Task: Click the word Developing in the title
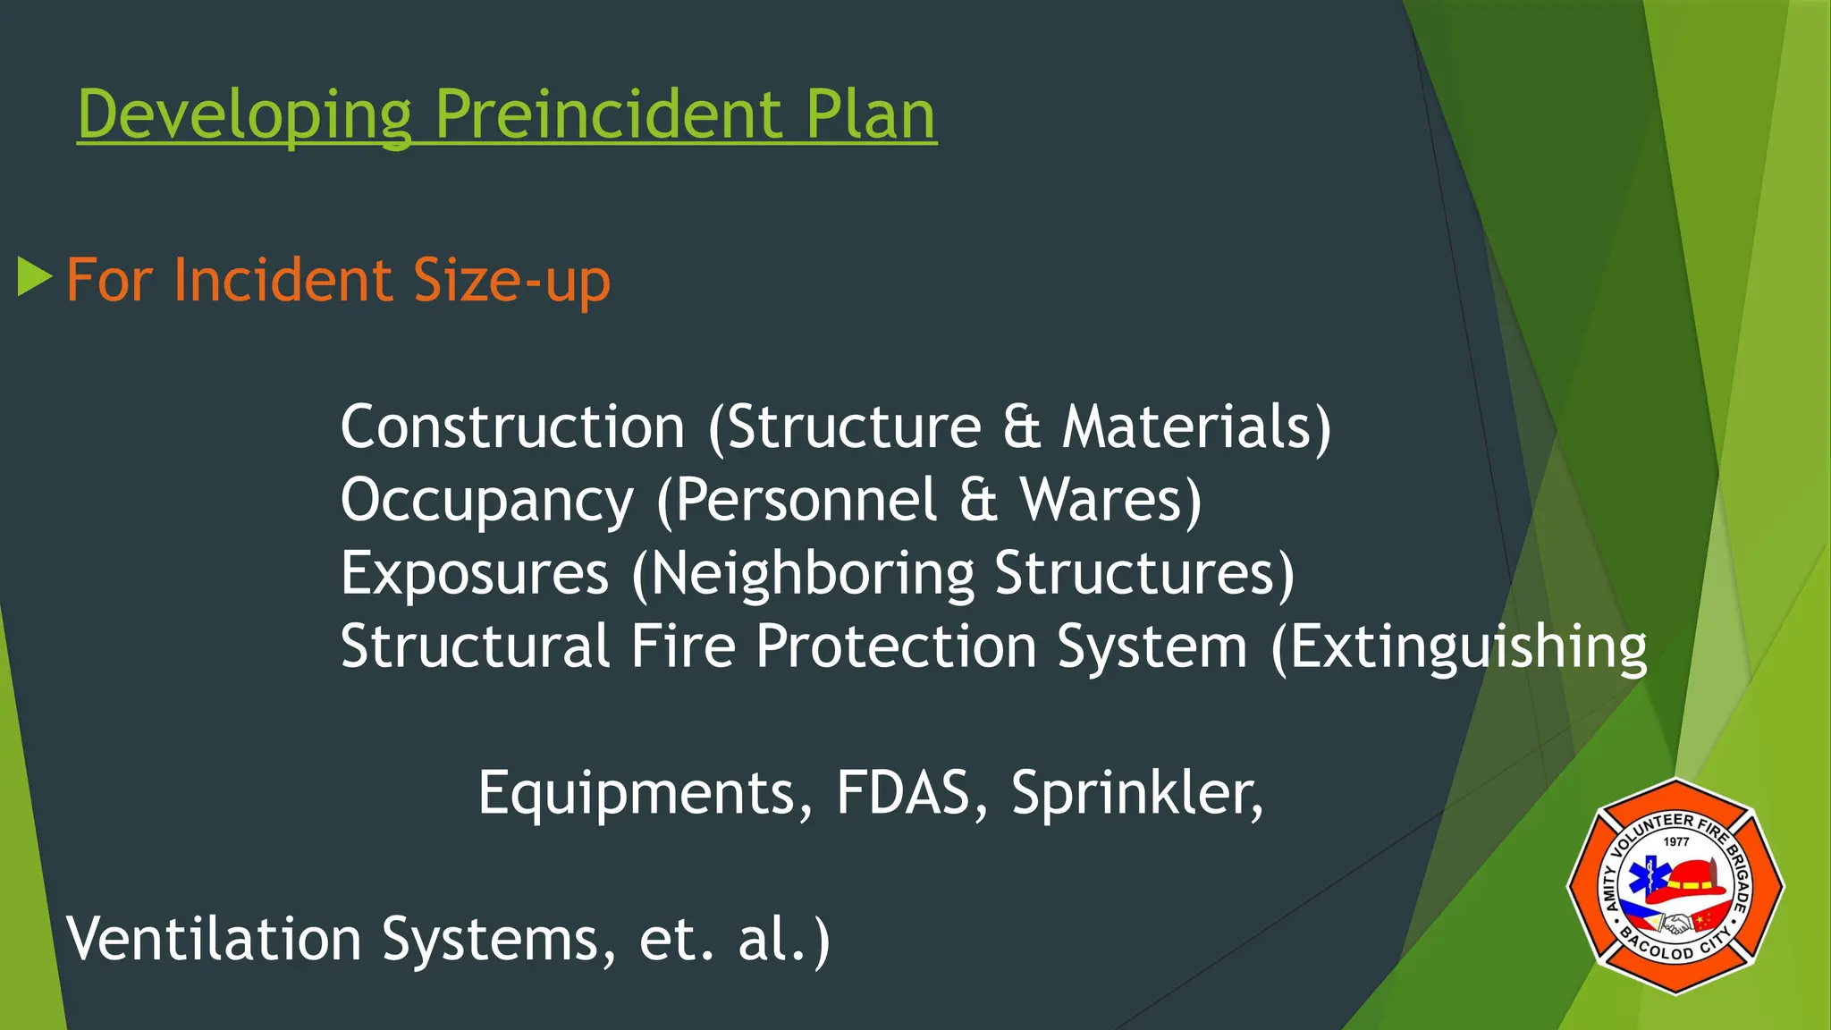click(x=244, y=116)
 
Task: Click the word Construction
click(x=512, y=426)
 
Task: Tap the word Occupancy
click(x=487, y=501)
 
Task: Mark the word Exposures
click(x=475, y=574)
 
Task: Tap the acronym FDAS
click(x=903, y=792)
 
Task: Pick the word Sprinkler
click(x=1135, y=794)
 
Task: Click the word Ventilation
click(x=214, y=939)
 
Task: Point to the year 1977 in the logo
click(x=1676, y=841)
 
